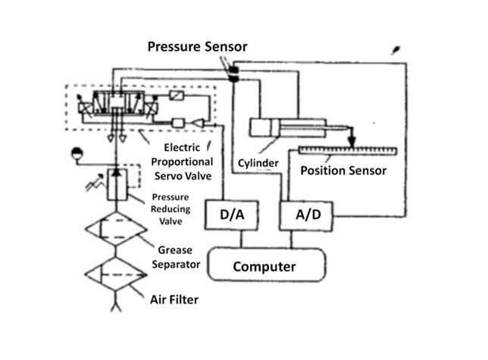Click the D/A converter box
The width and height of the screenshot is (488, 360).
coord(232,214)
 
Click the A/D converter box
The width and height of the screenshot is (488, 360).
coord(307,214)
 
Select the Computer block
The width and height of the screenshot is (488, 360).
coord(264,266)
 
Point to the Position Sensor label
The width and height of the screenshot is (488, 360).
coord(343,171)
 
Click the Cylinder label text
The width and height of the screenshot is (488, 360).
coord(256,162)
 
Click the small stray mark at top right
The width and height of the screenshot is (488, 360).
coord(396,52)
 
